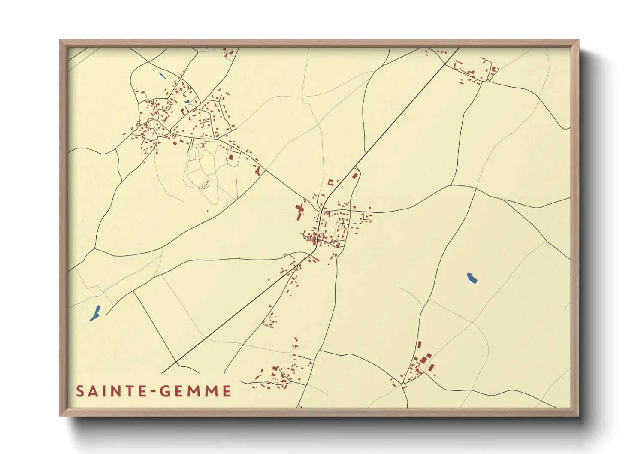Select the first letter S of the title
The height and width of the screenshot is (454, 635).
(x=80, y=391)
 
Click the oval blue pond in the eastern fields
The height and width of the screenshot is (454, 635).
(x=472, y=278)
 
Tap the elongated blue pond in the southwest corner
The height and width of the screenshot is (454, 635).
(x=95, y=313)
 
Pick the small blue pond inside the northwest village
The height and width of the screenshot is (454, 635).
(x=187, y=102)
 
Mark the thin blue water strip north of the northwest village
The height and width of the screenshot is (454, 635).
(x=162, y=76)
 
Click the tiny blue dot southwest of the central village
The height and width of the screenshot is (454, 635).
(x=282, y=269)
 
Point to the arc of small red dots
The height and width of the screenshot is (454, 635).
(x=205, y=185)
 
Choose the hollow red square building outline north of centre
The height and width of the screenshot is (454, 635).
(x=331, y=182)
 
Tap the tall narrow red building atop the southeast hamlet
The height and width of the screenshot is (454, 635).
(x=419, y=345)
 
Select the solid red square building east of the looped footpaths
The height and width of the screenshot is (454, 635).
(x=231, y=157)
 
